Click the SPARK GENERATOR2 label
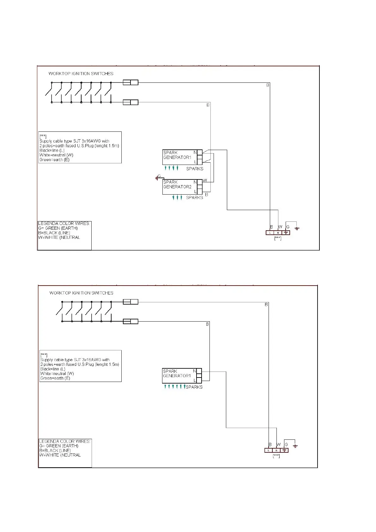[x=177, y=184]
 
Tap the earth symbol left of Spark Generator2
[x=157, y=178]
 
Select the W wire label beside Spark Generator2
[x=205, y=180]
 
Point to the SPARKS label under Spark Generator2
[x=194, y=198]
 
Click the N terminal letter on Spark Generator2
[x=195, y=182]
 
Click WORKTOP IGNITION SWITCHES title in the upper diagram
[x=81, y=74]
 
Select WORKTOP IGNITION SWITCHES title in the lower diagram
[x=81, y=293]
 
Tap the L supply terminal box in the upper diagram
[x=270, y=233]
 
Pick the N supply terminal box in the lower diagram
[x=276, y=450]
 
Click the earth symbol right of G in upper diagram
[x=297, y=228]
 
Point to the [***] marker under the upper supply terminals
[x=277, y=239]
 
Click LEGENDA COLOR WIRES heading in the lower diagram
[x=65, y=441]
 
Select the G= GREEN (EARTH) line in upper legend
[x=58, y=228]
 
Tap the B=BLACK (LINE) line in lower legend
[x=55, y=450]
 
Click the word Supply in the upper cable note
[x=46, y=141]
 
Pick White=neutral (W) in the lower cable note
[x=57, y=374]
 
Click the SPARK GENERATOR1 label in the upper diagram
[x=177, y=155]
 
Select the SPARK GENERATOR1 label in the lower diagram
[x=177, y=373]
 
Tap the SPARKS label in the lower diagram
[x=194, y=387]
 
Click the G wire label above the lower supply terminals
[x=286, y=445]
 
